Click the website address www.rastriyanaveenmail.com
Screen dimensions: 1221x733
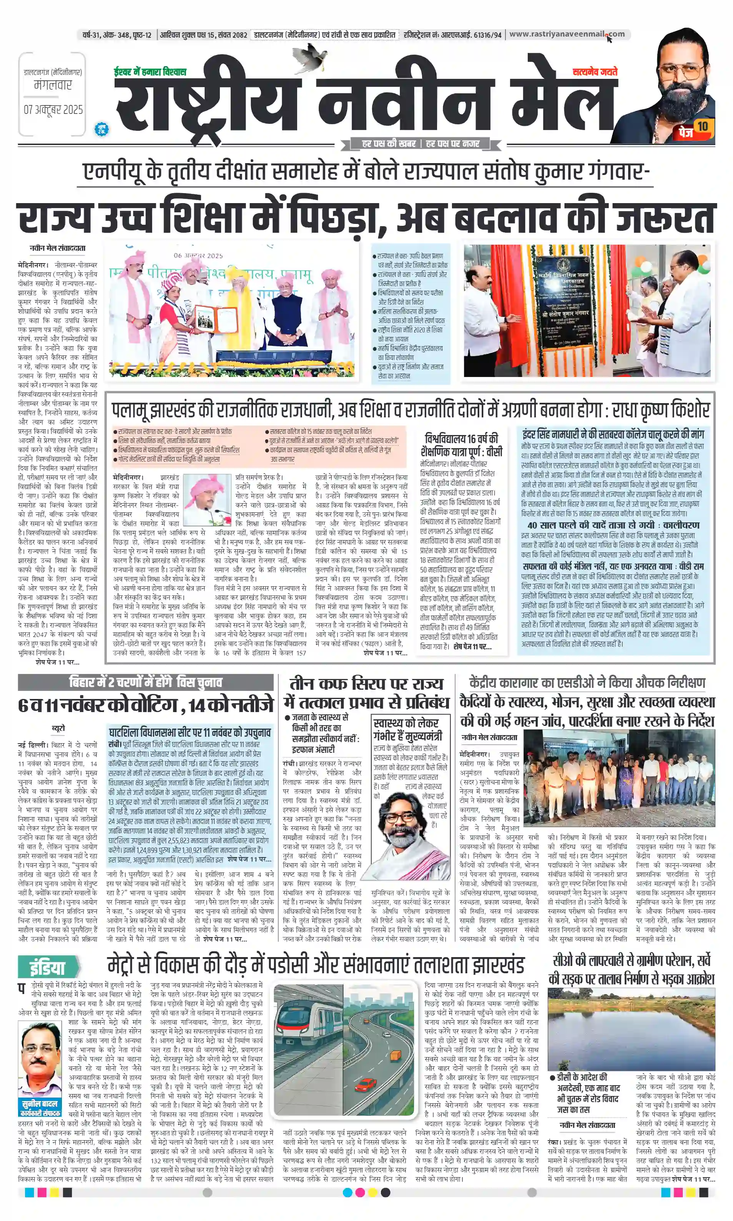pyautogui.click(x=566, y=34)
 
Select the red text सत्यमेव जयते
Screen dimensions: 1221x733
pyautogui.click(x=595, y=72)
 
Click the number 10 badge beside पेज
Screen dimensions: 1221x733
pyautogui.click(x=702, y=127)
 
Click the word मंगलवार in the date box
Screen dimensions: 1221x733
pyautogui.click(x=53, y=85)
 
